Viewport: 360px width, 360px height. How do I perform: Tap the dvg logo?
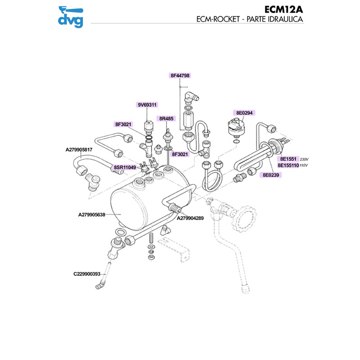coord(72,16)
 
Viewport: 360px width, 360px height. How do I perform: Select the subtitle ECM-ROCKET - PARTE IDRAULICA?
coord(249,20)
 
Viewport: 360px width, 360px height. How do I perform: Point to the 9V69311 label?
coord(147,105)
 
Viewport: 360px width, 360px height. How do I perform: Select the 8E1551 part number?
coord(288,159)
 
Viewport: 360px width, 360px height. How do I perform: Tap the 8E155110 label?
coord(288,165)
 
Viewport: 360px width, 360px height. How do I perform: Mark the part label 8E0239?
coord(271,174)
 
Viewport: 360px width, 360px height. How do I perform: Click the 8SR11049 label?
coord(125,167)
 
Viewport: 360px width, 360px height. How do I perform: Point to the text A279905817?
coord(79,149)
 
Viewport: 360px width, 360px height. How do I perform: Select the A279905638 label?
coord(91,215)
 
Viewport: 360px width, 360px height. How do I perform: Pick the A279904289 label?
coord(190,218)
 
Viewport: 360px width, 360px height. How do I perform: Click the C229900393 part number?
coord(87,273)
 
